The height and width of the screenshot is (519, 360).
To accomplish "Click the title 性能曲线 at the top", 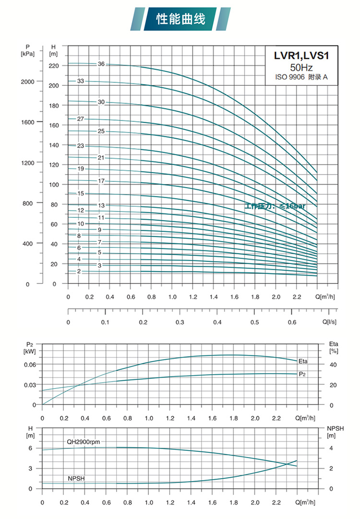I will [x=181, y=19].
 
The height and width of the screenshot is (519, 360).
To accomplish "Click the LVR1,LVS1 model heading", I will [x=301, y=56].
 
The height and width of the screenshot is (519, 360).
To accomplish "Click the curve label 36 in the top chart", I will [x=101, y=64].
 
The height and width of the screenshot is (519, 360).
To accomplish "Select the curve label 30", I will [x=101, y=102].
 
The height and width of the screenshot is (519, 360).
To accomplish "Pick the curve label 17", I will [x=101, y=181].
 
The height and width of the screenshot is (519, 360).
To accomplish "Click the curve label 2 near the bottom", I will [x=79, y=271].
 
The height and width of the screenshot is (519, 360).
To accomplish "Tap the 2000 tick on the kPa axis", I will [x=28, y=82].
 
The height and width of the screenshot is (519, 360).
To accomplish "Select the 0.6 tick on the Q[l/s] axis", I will [x=291, y=322].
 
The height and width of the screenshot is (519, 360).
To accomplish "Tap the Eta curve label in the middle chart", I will [x=303, y=361].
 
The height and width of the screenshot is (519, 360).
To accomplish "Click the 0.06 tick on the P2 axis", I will [x=30, y=365].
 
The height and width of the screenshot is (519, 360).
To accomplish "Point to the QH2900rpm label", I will [x=84, y=441].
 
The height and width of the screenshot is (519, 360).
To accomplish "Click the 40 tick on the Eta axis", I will [x=334, y=365].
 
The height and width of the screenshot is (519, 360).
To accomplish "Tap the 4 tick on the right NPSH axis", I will [x=331, y=448].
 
